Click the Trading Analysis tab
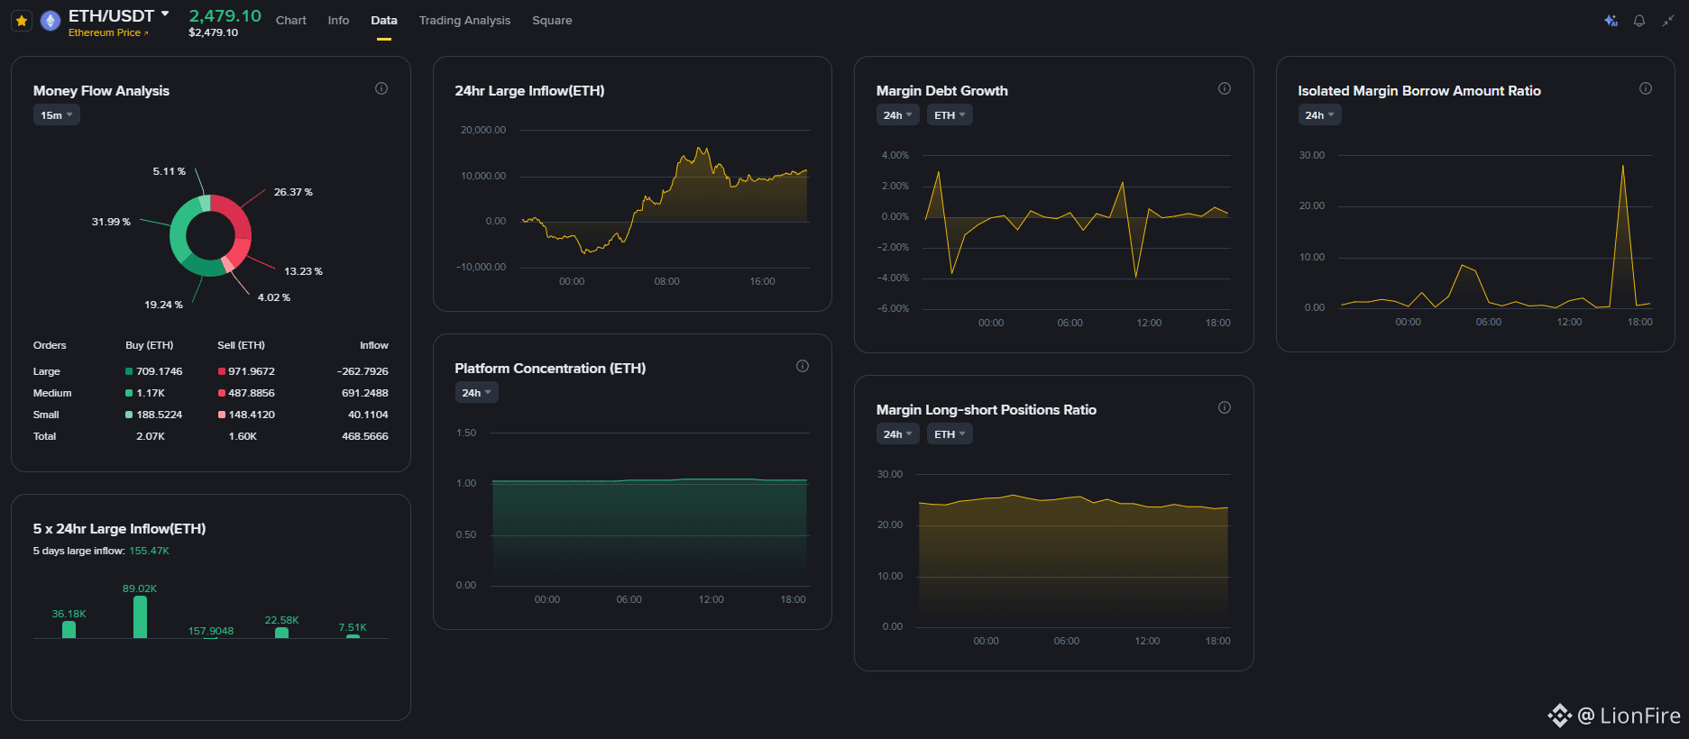[464, 20]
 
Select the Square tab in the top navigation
[552, 20]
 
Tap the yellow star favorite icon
[22, 21]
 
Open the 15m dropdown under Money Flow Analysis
[57, 115]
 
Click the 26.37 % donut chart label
[293, 192]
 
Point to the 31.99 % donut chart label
[111, 222]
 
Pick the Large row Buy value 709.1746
[159, 371]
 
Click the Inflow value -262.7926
[363, 371]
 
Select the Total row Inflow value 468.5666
[365, 436]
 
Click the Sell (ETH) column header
[241, 345]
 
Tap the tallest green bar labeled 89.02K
[140, 617]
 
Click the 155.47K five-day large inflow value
[149, 551]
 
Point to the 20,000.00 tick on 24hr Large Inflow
[483, 130]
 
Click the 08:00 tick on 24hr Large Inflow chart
[667, 281]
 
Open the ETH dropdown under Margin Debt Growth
[950, 115]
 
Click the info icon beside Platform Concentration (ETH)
[803, 366]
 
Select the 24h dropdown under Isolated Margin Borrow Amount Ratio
[1320, 115]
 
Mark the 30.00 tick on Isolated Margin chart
[1312, 155]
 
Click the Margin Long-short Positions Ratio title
[987, 410]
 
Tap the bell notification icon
[1639, 21]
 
